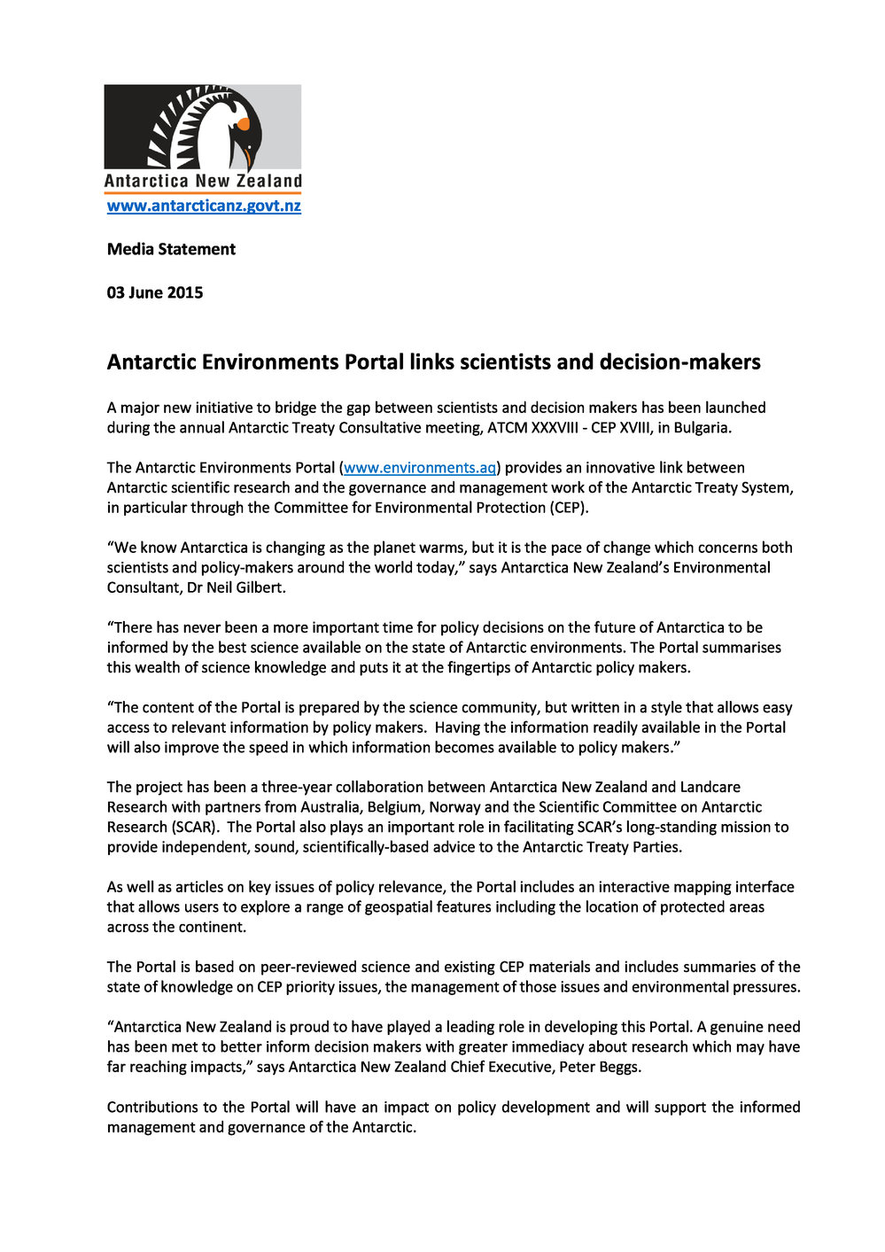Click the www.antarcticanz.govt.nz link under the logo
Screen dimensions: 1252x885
[204, 206]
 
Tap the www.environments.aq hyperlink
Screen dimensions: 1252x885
[420, 468]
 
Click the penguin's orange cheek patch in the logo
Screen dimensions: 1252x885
[243, 124]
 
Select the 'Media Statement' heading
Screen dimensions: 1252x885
[171, 249]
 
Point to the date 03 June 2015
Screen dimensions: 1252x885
[155, 292]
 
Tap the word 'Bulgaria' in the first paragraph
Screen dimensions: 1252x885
[702, 427]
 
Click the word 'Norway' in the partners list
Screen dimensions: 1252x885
[454, 807]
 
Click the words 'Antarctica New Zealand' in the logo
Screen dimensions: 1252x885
[203, 181]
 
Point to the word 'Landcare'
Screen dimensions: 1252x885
[705, 787]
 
